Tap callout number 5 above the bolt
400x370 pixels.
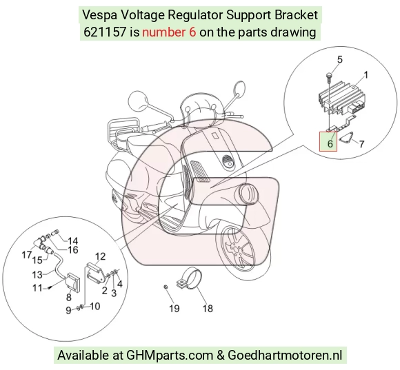point(340,60)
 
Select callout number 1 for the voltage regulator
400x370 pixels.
point(366,75)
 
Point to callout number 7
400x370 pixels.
point(361,144)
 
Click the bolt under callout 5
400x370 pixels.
point(328,77)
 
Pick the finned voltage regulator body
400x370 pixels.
point(342,98)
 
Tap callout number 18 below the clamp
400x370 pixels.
point(208,309)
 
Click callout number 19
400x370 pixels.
point(174,309)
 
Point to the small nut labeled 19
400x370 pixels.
point(166,287)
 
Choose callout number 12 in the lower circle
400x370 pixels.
point(100,256)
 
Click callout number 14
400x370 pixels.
point(72,240)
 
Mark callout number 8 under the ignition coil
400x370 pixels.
point(69,297)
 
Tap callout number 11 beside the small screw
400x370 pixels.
point(37,288)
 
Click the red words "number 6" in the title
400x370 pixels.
point(169,32)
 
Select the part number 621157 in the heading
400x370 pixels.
point(105,32)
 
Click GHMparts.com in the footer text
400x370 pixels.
point(170,355)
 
